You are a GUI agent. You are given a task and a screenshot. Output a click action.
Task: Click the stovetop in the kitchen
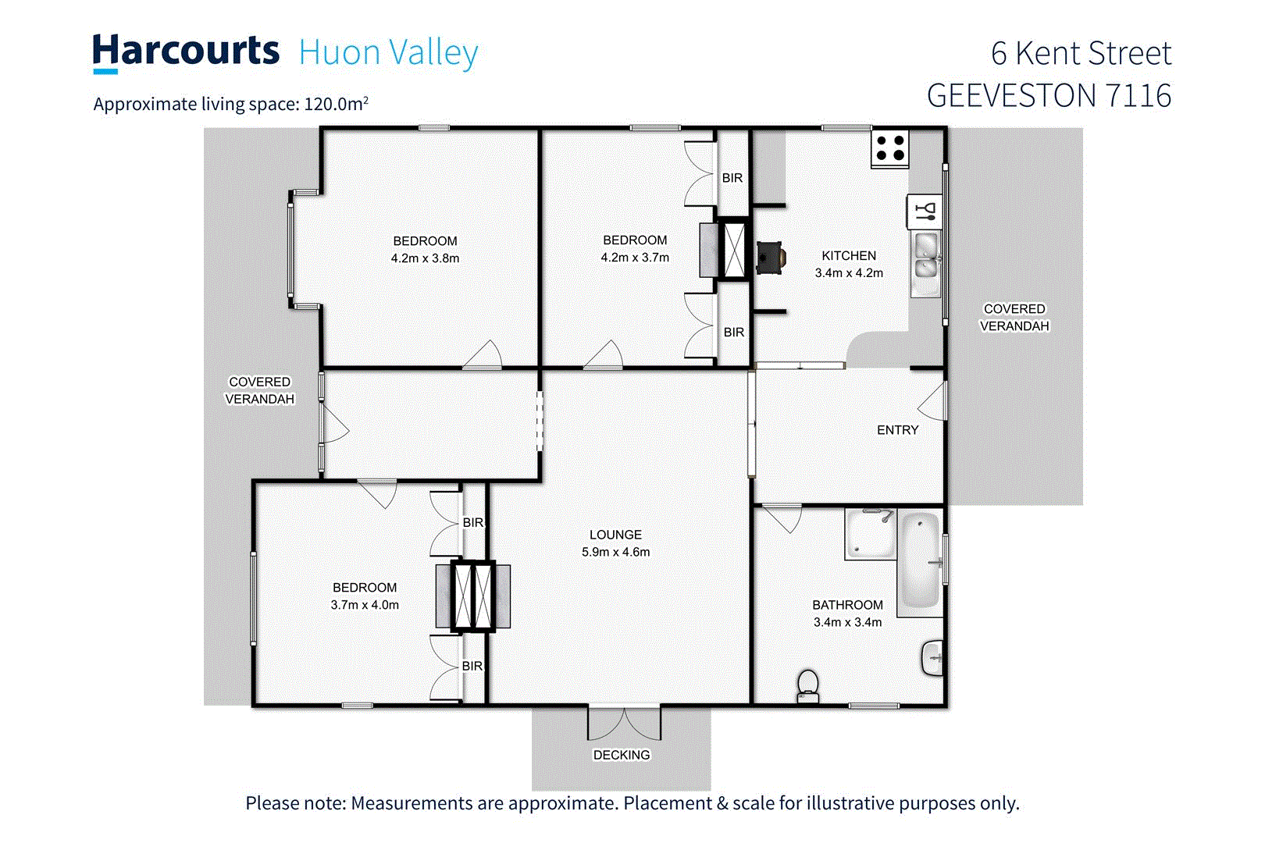tap(890, 148)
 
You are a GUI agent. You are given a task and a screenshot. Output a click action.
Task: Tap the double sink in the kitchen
tap(926, 257)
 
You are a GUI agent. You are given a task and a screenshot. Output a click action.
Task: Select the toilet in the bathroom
tap(808, 685)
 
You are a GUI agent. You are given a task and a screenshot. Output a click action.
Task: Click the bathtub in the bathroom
tap(920, 560)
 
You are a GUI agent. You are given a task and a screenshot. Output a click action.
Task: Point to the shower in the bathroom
tap(869, 534)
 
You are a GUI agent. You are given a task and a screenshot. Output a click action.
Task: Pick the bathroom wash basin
tap(933, 658)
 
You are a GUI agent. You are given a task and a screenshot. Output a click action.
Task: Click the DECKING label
tap(622, 755)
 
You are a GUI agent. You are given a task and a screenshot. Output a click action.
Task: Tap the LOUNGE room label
tap(615, 535)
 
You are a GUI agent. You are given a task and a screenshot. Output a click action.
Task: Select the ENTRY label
tap(897, 430)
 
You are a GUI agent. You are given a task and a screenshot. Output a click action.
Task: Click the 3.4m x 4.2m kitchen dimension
tap(849, 273)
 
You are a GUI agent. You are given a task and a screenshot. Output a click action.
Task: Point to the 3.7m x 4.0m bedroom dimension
tap(365, 605)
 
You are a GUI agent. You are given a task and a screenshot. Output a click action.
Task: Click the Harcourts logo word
tap(186, 52)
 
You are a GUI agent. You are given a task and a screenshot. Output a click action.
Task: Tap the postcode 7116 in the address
tap(1138, 96)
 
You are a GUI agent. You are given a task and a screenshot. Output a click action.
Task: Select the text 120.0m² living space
tap(336, 104)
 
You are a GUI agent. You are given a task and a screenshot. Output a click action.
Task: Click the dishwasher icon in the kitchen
tap(925, 211)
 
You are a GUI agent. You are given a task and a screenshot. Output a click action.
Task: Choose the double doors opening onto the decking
tap(624, 722)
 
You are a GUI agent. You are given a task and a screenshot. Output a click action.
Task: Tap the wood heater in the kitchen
tap(770, 258)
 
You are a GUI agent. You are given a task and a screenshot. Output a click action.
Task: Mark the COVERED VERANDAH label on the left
tap(260, 390)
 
